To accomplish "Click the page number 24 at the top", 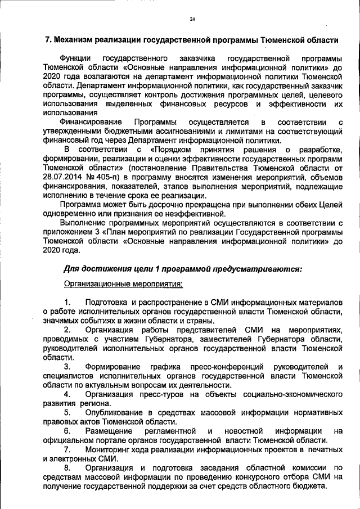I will (x=192, y=19).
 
